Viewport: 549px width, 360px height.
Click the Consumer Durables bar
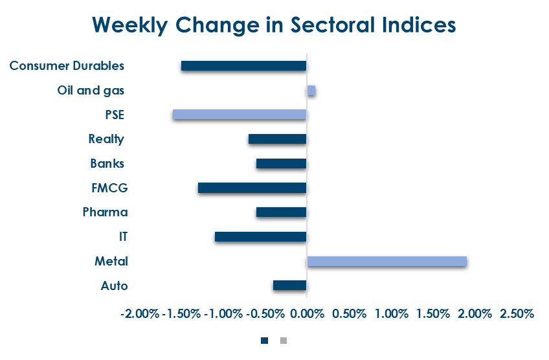[x=243, y=66]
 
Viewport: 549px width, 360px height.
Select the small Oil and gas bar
[x=311, y=91]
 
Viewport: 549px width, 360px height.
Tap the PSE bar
[x=239, y=115]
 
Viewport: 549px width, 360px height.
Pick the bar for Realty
[x=277, y=139]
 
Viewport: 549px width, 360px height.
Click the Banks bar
[x=281, y=163]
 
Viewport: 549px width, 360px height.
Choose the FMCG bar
[x=252, y=188]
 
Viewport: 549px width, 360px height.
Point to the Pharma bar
[x=281, y=212]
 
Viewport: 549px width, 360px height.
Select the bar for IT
[x=260, y=237]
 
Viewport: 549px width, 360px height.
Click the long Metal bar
[x=387, y=261]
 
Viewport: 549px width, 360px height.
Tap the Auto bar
[x=289, y=286]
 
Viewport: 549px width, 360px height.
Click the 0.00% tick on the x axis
[x=306, y=314]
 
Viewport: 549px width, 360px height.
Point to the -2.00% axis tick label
[x=139, y=314]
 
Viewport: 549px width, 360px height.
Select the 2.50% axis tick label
[x=517, y=314]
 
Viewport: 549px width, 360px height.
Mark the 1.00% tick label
[x=390, y=314]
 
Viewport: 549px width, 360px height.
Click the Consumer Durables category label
[x=67, y=66]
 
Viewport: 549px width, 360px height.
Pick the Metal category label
[x=111, y=262]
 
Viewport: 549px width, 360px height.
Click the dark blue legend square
[x=264, y=340]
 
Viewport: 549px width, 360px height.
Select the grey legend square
[x=283, y=340]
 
